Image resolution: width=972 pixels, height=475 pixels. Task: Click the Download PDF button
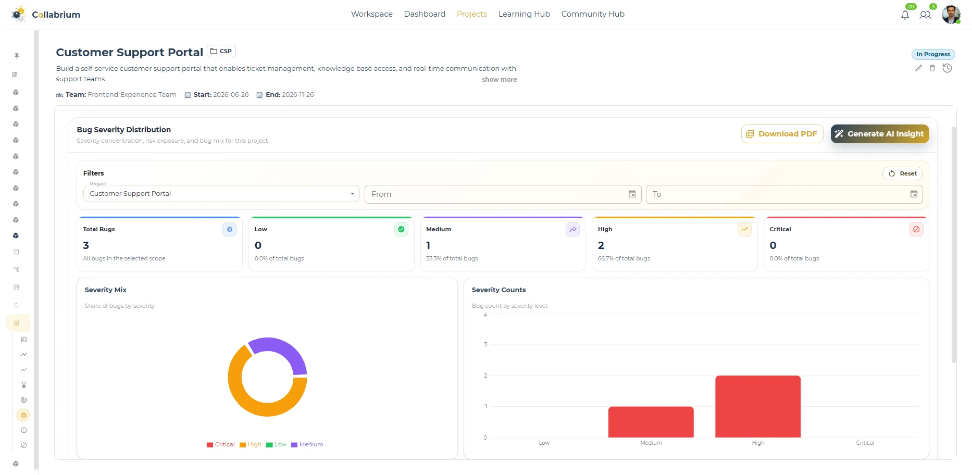pyautogui.click(x=782, y=134)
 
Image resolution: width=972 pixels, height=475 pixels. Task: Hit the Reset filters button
pyautogui.click(x=903, y=173)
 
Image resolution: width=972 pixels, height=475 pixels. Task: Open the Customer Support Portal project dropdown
pyautogui.click(x=221, y=194)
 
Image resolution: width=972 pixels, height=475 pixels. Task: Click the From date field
pyautogui.click(x=503, y=194)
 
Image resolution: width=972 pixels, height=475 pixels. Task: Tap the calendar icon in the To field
pyautogui.click(x=914, y=194)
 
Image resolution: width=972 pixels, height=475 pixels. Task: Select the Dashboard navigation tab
pyautogui.click(x=425, y=14)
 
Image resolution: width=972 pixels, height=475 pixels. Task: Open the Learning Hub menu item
pyautogui.click(x=524, y=14)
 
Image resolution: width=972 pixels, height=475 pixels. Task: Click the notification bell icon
pyautogui.click(x=905, y=15)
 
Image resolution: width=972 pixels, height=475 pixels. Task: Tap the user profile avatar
pyautogui.click(x=951, y=15)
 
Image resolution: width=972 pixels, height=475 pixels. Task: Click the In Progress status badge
pyautogui.click(x=933, y=54)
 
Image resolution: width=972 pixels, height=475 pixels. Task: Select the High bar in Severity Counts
pyautogui.click(x=758, y=407)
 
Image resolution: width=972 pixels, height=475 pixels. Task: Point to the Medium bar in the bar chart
pyautogui.click(x=651, y=422)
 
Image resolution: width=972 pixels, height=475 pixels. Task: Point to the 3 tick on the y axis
pyautogui.click(x=485, y=345)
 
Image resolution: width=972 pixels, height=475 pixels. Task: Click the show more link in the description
pyautogui.click(x=499, y=80)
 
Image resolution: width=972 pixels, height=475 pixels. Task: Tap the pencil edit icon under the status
pyautogui.click(x=918, y=68)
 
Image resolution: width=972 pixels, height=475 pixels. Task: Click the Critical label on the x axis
pyautogui.click(x=865, y=443)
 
